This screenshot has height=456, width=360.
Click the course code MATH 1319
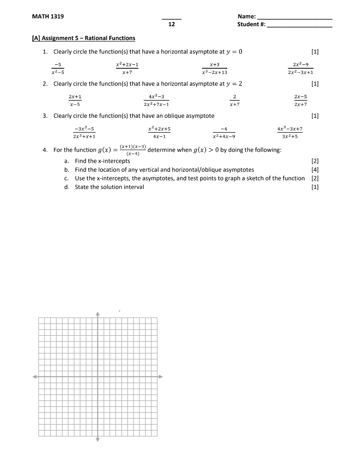48,16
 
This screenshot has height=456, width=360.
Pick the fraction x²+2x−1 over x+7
127,68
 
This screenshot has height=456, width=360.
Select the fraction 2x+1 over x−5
74,100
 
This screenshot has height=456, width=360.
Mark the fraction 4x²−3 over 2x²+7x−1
156,100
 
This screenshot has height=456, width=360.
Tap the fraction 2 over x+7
234,100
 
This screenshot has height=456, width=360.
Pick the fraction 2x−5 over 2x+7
300,100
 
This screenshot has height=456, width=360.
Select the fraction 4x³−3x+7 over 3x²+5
290,132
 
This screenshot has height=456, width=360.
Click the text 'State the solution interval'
109,187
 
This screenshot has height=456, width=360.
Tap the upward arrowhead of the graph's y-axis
97,314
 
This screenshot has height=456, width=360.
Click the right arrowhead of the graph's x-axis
160,376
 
